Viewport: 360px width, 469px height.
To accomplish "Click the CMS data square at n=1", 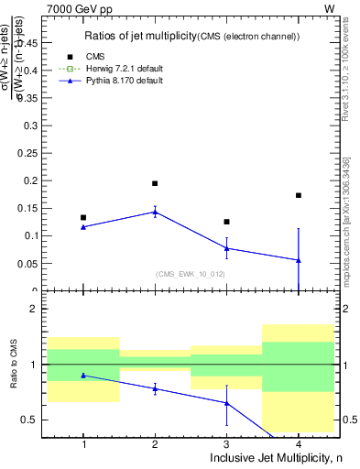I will point(83,217).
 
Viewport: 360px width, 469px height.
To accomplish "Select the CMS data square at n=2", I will point(155,183).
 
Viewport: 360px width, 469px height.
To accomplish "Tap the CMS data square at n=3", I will point(226,222).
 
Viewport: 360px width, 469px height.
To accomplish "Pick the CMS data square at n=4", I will point(299,195).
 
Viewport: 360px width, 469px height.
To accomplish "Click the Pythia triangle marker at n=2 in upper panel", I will point(155,212).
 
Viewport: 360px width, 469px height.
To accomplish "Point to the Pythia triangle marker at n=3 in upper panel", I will point(226,248).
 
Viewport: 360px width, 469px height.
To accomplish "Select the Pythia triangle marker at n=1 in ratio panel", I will point(83,375).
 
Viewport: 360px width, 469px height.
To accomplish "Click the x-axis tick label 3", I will point(226,444).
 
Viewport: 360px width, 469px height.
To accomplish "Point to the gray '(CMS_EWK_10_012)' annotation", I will point(191,274).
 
